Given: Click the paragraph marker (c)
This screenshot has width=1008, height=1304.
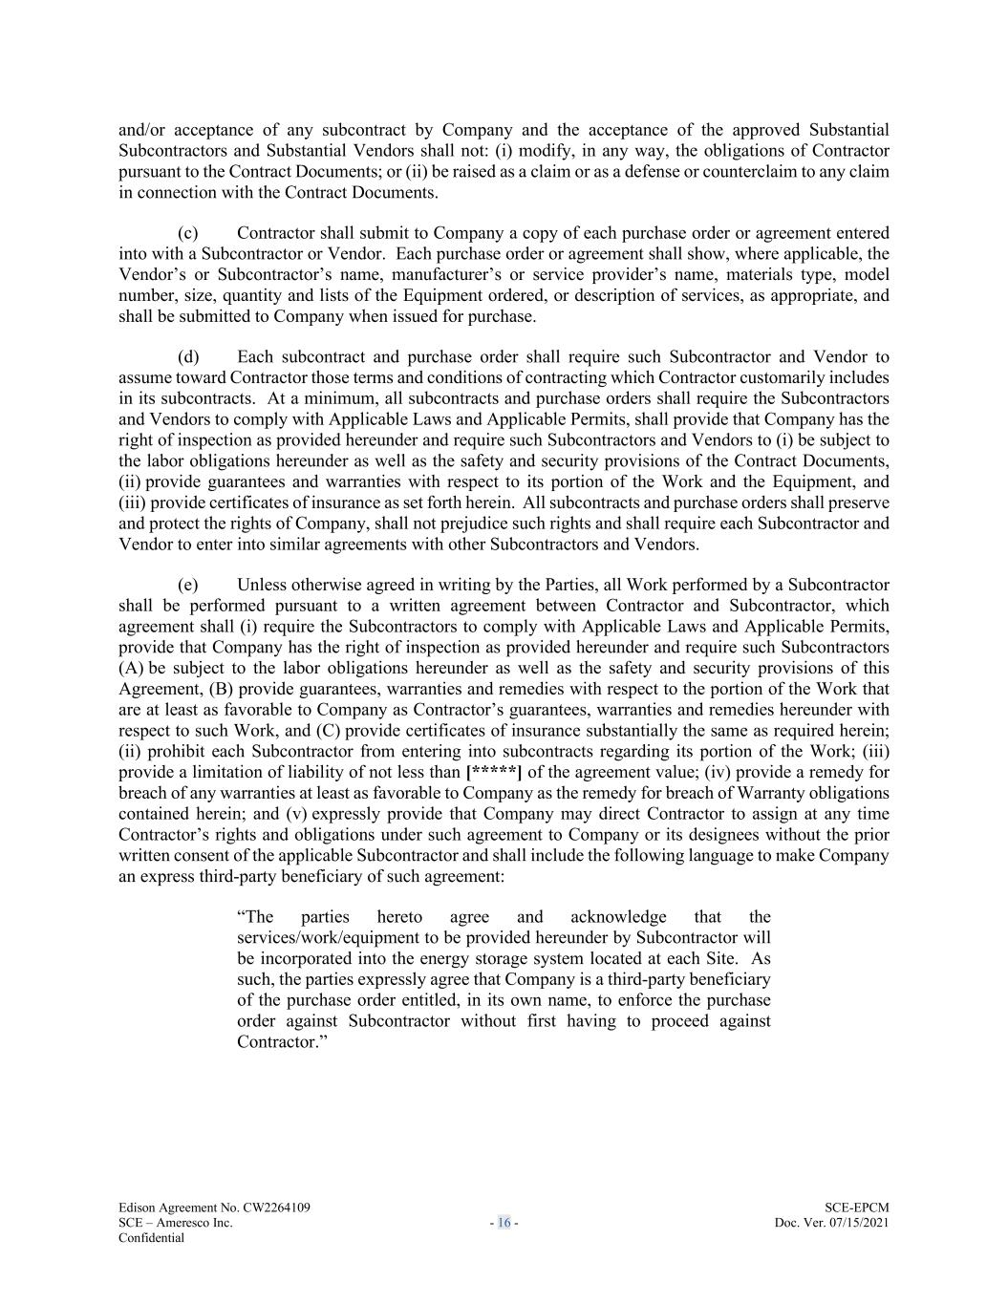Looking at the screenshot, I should [x=188, y=233].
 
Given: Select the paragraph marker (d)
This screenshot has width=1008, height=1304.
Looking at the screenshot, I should [x=188, y=357].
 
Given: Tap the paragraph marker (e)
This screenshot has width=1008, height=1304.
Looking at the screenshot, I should [x=188, y=585].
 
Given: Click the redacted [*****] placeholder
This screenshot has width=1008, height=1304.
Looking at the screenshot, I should [x=494, y=772].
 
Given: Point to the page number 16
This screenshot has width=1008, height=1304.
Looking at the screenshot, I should [x=504, y=1223].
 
